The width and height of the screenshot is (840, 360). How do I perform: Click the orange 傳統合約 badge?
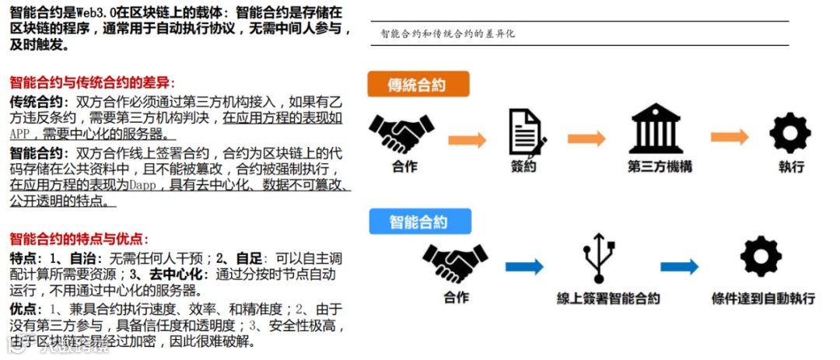point(418,84)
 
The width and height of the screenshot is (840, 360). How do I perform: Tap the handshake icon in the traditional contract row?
point(401,134)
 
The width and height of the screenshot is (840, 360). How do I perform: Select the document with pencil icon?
point(526,133)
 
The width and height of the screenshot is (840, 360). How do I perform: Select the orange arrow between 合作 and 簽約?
point(467,140)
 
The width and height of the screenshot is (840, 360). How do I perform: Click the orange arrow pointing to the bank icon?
point(586,138)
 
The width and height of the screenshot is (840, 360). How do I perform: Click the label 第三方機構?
point(660,167)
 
